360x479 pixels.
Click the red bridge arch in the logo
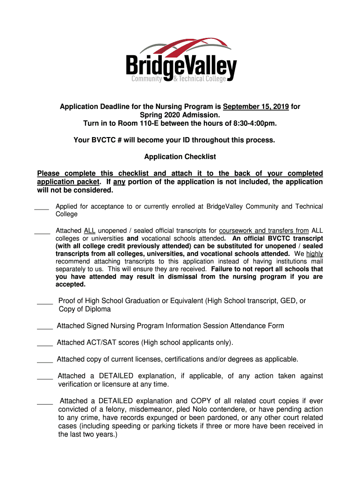[196, 48]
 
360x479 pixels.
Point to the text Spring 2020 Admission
[180, 115]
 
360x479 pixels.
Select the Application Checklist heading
[180, 157]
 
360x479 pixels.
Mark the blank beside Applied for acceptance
[42, 208]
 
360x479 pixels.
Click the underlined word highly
[314, 254]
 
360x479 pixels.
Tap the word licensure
[114, 385]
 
